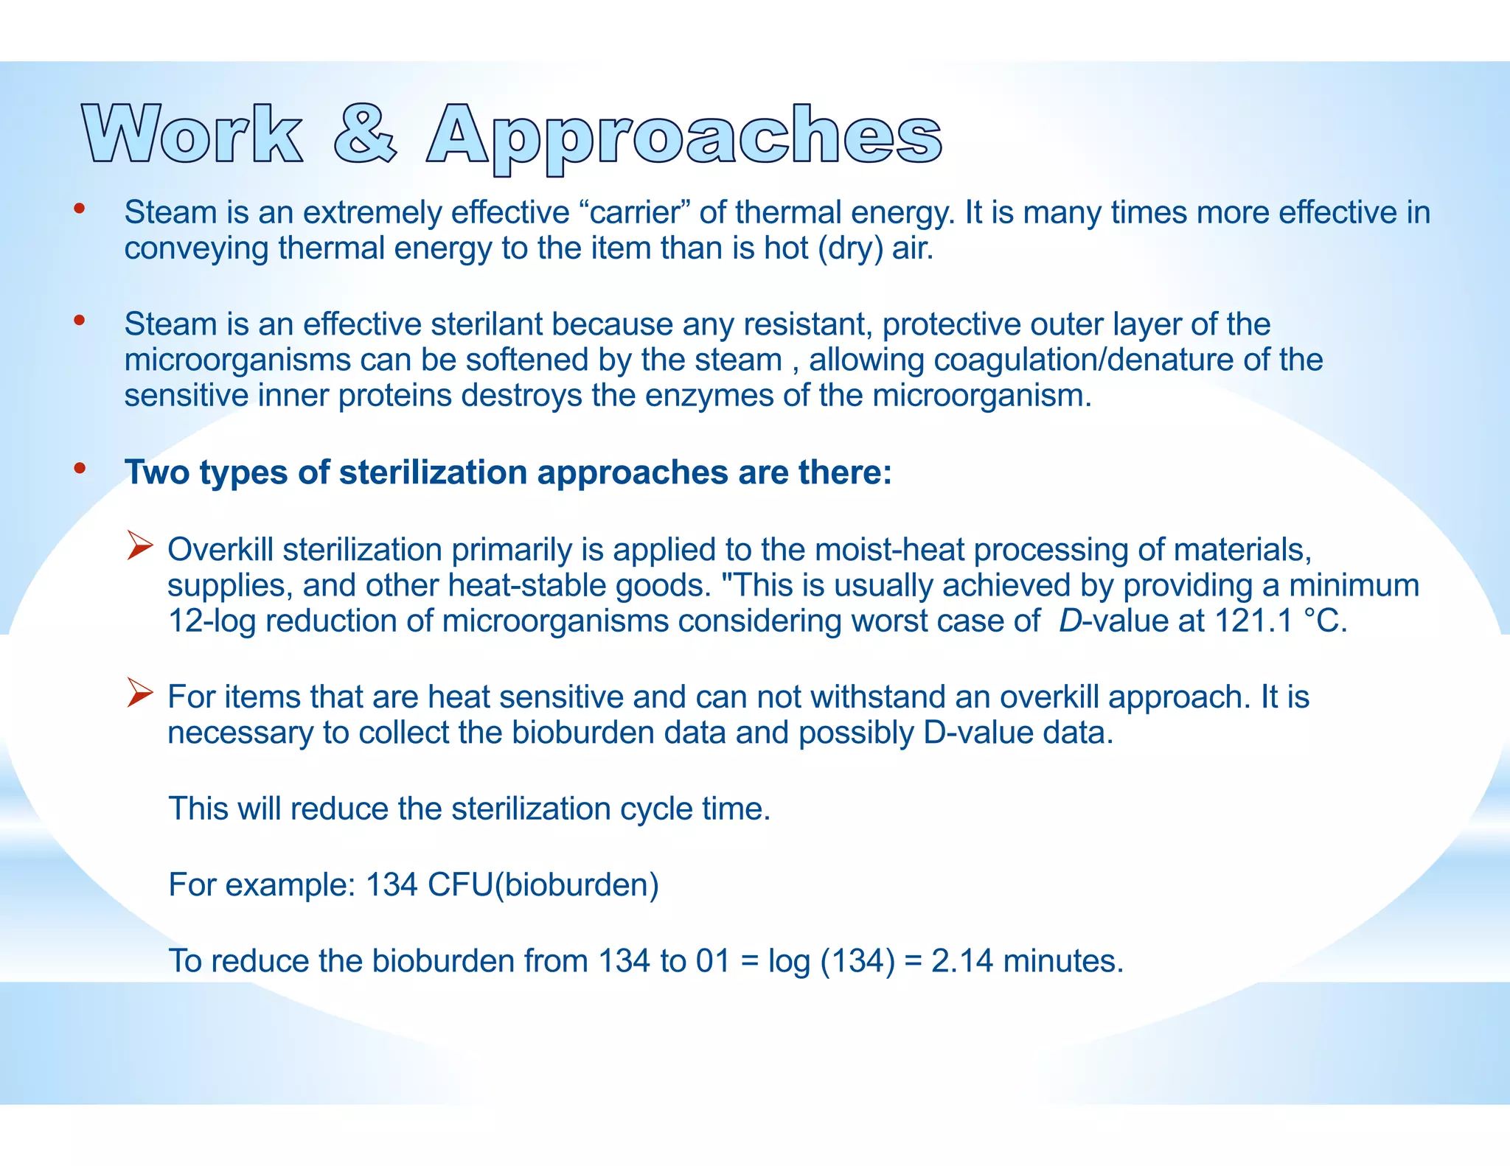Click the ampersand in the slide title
click(x=365, y=134)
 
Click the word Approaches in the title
click(x=683, y=137)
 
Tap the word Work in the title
click(x=192, y=134)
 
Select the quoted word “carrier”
click(x=635, y=212)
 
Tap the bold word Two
click(x=157, y=472)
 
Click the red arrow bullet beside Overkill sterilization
click(x=139, y=546)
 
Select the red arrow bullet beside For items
click(x=139, y=693)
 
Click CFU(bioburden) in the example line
click(x=543, y=884)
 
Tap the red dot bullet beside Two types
click(x=80, y=468)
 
